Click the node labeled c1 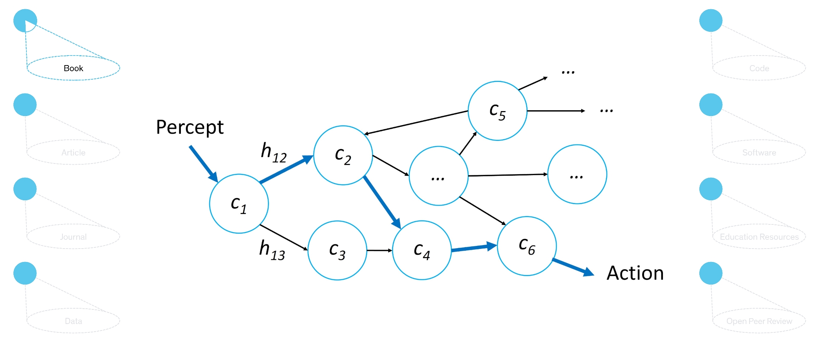coord(239,204)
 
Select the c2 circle coord(343,155)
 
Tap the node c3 coord(337,250)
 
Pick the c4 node coord(421,250)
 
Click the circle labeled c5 coord(497,111)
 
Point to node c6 coord(526,246)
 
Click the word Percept coord(190,127)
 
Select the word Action coord(635,273)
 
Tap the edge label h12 coord(274,152)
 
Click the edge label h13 coord(272,250)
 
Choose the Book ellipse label coord(73,68)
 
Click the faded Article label coord(73,152)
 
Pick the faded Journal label coord(73,237)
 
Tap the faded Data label coord(73,321)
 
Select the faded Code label coord(759,68)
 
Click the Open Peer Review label coord(759,321)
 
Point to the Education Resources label coord(759,237)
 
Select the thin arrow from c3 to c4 coord(379,250)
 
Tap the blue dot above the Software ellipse coord(710,105)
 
